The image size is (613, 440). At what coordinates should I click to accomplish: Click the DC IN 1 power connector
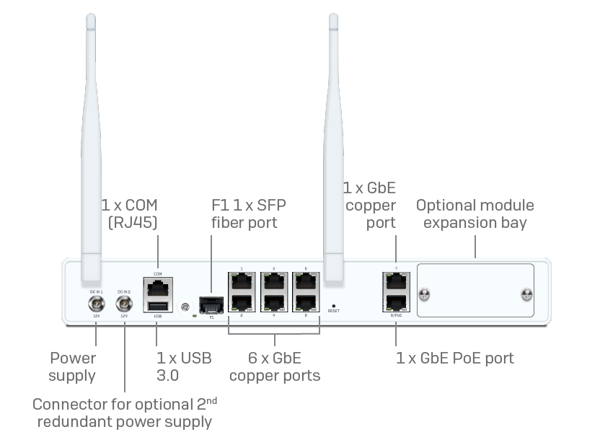click(94, 302)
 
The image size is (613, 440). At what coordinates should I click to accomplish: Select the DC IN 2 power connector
click(123, 302)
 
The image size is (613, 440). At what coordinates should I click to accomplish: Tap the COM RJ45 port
click(157, 289)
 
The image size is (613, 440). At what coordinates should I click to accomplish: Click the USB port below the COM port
click(157, 307)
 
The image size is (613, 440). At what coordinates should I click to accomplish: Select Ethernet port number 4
click(274, 304)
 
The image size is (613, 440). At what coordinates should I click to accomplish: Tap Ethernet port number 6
click(306, 304)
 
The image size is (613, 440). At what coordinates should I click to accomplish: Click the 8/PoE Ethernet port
click(395, 304)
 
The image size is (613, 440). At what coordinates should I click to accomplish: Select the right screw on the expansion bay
click(527, 294)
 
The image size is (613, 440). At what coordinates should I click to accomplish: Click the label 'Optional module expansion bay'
click(475, 214)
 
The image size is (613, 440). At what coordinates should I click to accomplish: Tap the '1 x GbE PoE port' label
click(455, 358)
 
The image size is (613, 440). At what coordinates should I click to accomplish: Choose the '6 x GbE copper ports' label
click(275, 366)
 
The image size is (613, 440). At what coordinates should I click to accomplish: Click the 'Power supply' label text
click(72, 366)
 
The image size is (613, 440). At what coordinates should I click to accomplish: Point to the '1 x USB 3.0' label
click(184, 366)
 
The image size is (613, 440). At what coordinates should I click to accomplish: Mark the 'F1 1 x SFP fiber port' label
click(243, 214)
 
